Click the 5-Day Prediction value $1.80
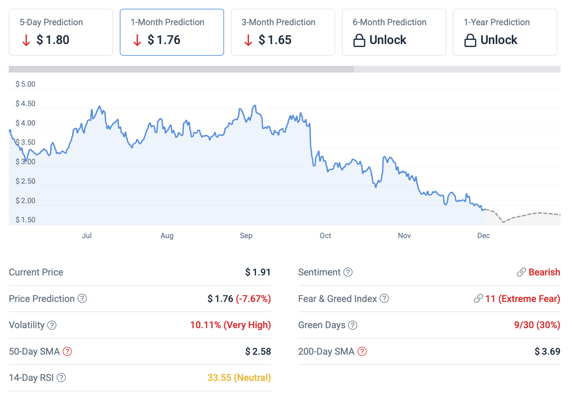click(x=53, y=40)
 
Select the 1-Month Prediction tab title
click(x=167, y=22)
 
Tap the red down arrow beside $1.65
click(x=248, y=40)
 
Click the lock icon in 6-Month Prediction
click(x=359, y=40)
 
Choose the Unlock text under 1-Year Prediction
click(x=499, y=40)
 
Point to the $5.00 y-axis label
click(x=25, y=84)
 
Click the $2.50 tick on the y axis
click(x=25, y=181)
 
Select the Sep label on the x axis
click(x=246, y=235)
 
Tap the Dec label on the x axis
click(x=483, y=235)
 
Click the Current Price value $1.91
click(x=258, y=272)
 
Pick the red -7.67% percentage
click(x=253, y=299)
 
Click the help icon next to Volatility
click(x=52, y=325)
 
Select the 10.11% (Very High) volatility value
click(x=230, y=325)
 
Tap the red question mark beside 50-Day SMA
click(x=68, y=351)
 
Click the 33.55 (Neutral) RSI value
click(x=239, y=378)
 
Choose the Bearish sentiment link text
click(x=544, y=272)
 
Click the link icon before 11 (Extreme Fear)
click(x=478, y=298)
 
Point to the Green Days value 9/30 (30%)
click(x=537, y=325)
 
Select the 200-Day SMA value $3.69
click(x=547, y=351)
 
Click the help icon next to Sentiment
click(x=348, y=272)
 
